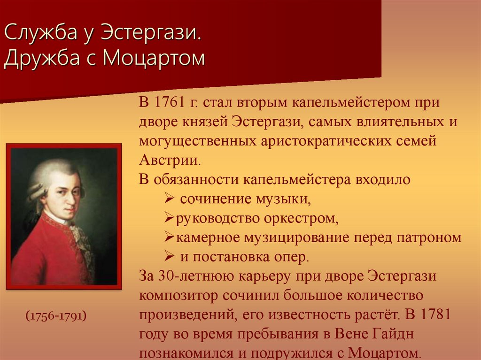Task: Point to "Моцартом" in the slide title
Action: [154, 59]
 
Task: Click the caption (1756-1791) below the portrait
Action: [55, 315]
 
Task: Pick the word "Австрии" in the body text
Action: [170, 160]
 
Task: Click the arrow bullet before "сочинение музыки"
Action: [170, 199]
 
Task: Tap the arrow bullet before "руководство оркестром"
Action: [170, 218]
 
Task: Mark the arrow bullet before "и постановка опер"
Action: [170, 257]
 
